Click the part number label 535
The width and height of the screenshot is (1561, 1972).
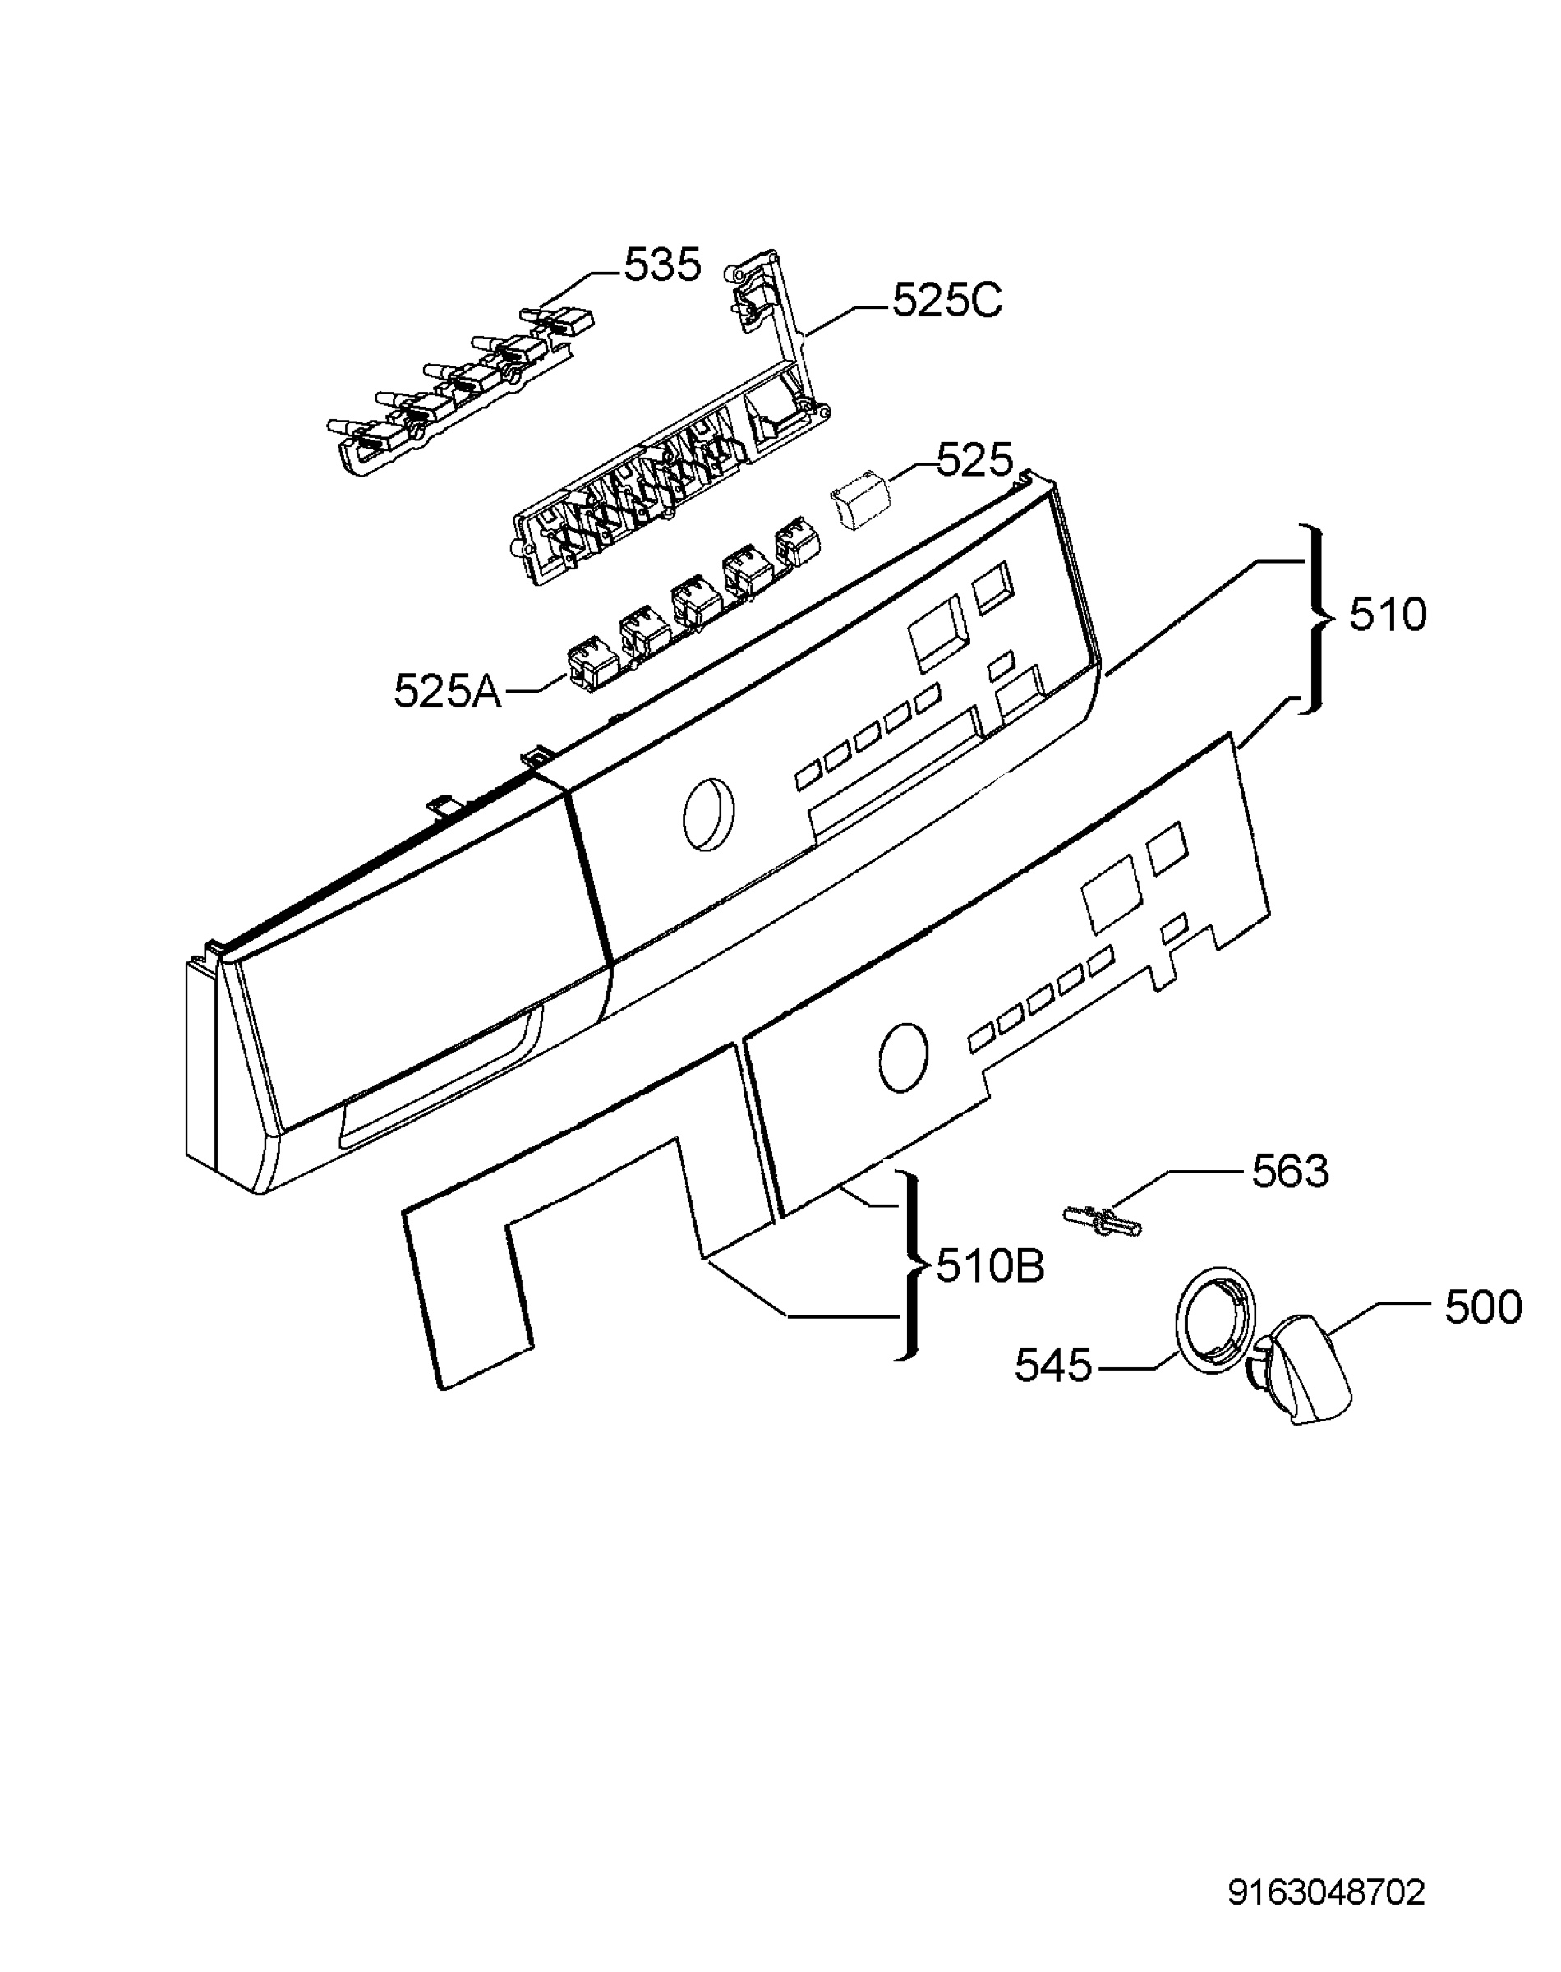[662, 265]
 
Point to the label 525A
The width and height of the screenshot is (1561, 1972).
[448, 691]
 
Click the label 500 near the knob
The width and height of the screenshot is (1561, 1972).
[1482, 1306]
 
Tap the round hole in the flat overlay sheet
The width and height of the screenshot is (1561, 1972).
[902, 1057]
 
